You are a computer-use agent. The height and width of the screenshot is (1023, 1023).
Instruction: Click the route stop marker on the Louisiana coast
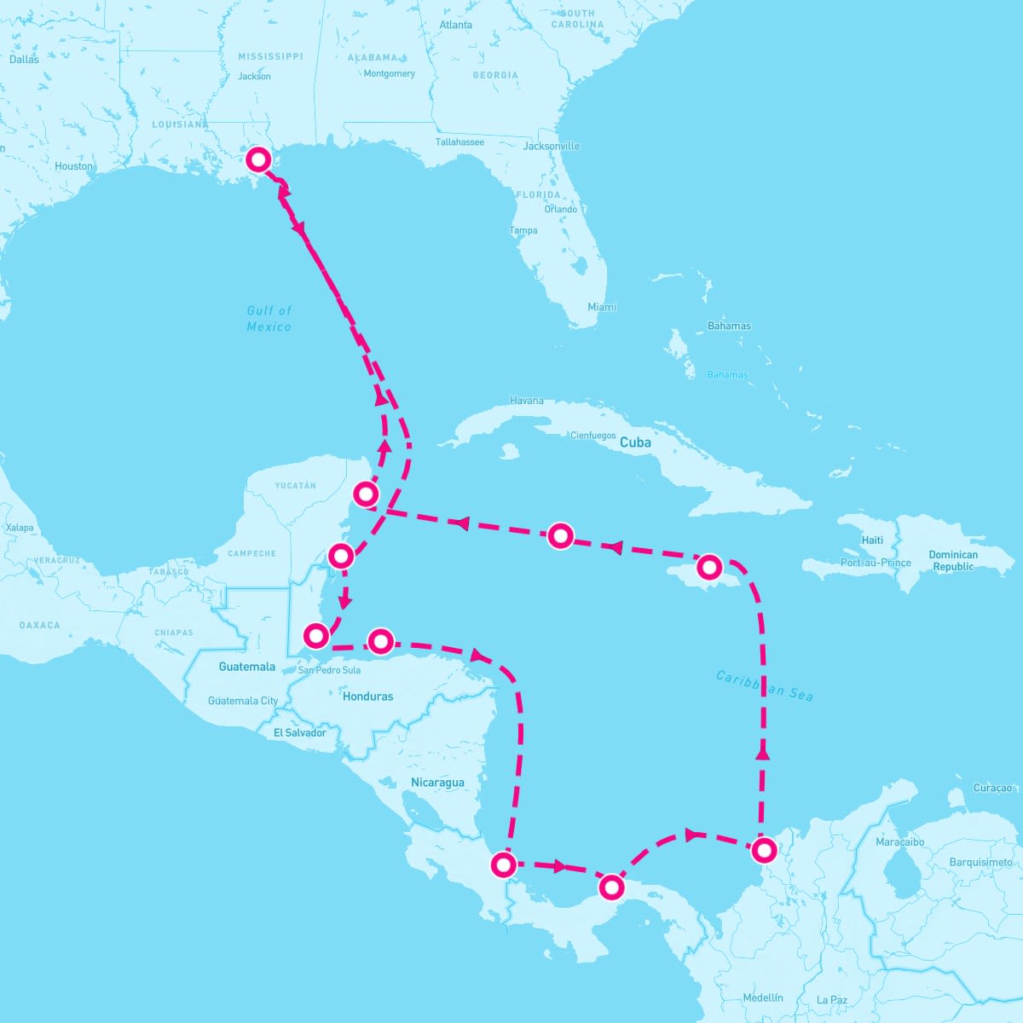258,159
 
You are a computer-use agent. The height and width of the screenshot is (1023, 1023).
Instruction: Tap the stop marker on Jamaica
709,566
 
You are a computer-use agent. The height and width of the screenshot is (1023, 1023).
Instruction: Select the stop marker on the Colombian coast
764,849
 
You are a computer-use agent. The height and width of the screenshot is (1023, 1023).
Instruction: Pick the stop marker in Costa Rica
504,865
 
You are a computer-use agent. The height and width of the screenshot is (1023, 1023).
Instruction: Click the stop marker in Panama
611,887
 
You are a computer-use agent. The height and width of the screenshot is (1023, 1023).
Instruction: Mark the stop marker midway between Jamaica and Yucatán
560,535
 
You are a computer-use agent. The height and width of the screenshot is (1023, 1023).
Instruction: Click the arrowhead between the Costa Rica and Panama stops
558,867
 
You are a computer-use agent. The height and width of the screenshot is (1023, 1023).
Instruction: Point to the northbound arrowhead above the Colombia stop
762,753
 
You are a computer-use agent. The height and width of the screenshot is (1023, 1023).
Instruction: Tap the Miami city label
602,307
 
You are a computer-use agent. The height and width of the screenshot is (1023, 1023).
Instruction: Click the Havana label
526,401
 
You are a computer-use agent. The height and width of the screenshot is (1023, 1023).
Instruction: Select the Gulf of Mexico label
269,319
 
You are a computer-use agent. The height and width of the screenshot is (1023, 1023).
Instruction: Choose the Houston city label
74,166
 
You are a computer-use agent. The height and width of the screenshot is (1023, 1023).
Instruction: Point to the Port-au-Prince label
876,563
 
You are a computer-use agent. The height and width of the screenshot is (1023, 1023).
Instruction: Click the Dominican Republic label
953,560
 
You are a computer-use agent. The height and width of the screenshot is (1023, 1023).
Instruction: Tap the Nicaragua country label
437,783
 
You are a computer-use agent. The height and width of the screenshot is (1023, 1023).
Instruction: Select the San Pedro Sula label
329,670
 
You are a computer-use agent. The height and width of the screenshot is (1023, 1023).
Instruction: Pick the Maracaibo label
900,841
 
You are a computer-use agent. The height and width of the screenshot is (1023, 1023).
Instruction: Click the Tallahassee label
459,142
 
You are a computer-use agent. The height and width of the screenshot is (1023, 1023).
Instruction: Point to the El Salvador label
299,733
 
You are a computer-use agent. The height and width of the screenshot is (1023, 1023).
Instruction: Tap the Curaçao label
992,789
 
